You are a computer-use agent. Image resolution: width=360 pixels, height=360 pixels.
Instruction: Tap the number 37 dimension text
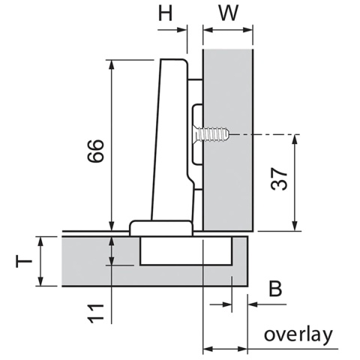click(278, 180)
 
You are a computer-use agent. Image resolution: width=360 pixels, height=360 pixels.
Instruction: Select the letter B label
click(275, 289)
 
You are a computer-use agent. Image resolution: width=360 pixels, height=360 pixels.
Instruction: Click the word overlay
click(297, 334)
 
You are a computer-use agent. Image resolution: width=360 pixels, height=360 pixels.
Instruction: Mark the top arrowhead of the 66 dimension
click(111, 65)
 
